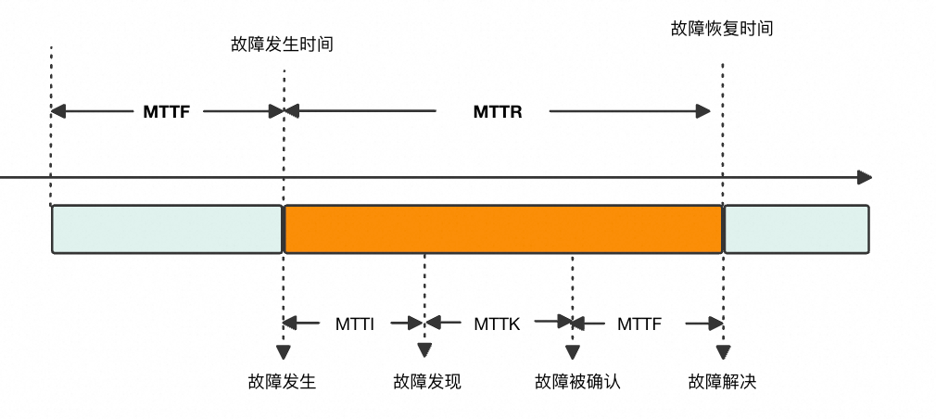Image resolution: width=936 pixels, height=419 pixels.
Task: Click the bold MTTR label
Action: [x=498, y=111]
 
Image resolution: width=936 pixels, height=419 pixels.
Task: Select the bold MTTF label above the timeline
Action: [x=167, y=111]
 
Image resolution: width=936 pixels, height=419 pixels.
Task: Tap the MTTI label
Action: [x=355, y=324]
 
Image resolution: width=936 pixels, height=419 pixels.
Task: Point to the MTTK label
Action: [x=498, y=324]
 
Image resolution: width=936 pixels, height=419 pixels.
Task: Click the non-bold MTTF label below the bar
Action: [x=639, y=324]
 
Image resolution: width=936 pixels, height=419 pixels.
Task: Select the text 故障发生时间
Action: [x=282, y=44]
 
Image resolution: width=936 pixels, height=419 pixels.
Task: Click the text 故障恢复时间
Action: [x=722, y=28]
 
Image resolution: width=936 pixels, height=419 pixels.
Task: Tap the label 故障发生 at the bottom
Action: [x=282, y=381]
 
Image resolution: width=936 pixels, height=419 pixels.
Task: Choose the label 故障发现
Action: [x=427, y=381]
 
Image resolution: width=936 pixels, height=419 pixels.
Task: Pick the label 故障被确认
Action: [x=578, y=381]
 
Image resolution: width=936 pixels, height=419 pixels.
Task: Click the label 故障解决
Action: [x=722, y=381]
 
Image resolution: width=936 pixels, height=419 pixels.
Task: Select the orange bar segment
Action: [x=503, y=229]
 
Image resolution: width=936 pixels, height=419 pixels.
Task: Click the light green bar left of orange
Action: [x=167, y=229]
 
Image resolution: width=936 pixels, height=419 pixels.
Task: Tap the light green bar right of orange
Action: [x=796, y=229]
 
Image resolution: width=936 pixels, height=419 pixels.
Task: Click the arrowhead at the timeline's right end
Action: [x=865, y=177]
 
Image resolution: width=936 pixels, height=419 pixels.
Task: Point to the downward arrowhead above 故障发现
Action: [x=424, y=350]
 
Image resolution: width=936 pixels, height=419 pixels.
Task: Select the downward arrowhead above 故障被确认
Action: [x=573, y=352]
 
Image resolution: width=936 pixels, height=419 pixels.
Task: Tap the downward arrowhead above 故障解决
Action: [x=723, y=352]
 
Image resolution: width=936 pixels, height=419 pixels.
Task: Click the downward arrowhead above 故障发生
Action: [x=284, y=352]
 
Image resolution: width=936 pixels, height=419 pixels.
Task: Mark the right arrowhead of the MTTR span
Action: [x=703, y=111]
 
